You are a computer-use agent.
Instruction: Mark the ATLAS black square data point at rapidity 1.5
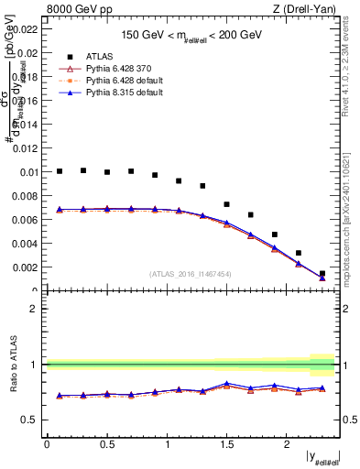click(227, 204)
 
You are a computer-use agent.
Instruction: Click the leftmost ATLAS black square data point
click(60, 171)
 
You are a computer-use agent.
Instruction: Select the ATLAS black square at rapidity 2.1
click(299, 253)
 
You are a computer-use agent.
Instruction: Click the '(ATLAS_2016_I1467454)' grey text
click(189, 273)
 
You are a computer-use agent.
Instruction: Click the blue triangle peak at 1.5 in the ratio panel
click(227, 383)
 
